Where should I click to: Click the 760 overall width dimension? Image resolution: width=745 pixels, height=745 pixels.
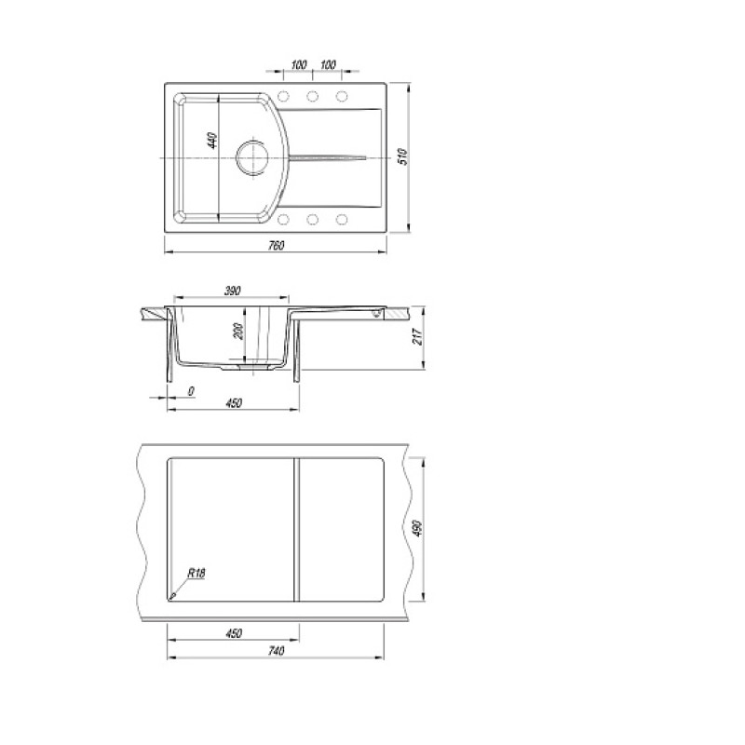tap(276, 246)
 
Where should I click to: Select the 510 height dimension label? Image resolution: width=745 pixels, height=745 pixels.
tap(403, 156)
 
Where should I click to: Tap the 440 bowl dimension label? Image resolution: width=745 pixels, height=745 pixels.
tap(212, 141)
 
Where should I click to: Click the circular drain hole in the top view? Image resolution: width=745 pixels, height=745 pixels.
tap(252, 156)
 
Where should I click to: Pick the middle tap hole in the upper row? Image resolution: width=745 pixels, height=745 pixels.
tap(312, 97)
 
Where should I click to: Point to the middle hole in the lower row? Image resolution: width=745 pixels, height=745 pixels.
tap(312, 220)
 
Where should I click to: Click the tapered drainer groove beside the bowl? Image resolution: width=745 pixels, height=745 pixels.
tap(327, 157)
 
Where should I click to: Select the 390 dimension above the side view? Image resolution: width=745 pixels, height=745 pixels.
tap(232, 291)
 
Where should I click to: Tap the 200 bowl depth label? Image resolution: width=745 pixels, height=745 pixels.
tap(238, 332)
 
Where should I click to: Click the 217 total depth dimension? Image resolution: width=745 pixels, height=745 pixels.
tap(417, 336)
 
